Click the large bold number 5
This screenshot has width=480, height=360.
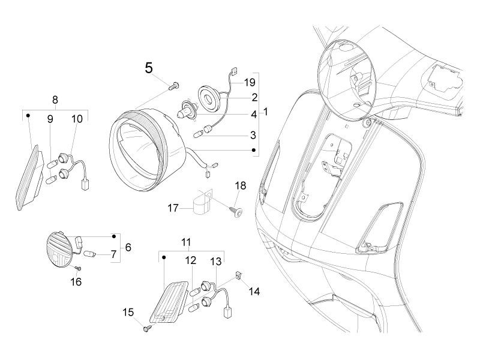[x=149, y=68]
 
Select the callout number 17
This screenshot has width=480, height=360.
[x=173, y=208]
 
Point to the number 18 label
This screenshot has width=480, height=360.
[x=240, y=187]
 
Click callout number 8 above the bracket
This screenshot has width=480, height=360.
[x=55, y=100]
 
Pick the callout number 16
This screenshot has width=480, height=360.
[x=76, y=281]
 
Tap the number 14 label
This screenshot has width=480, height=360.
[x=254, y=292]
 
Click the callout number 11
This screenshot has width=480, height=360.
[x=187, y=242]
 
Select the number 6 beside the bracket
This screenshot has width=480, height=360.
[x=128, y=247]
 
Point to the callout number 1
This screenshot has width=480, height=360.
[x=265, y=112]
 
